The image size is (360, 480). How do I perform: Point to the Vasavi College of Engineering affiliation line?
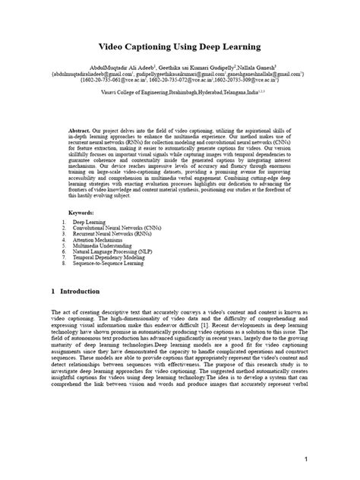tap(179, 89)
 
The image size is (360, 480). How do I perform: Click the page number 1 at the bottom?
tap(305, 459)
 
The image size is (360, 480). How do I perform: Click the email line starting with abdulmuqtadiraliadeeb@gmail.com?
tap(179, 74)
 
